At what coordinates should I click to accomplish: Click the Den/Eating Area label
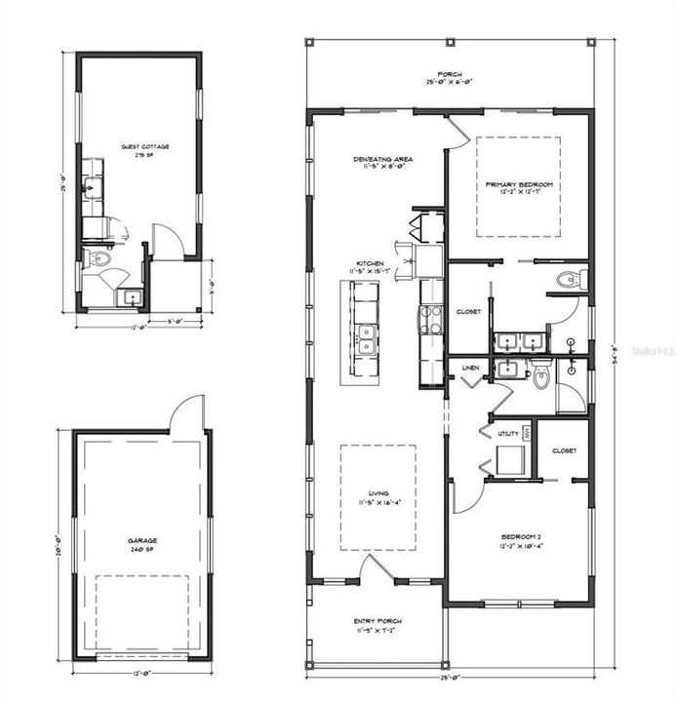click(382, 160)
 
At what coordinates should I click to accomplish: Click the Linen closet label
click(469, 369)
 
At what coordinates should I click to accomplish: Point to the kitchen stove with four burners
click(430, 318)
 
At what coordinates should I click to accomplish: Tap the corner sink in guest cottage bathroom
click(131, 297)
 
